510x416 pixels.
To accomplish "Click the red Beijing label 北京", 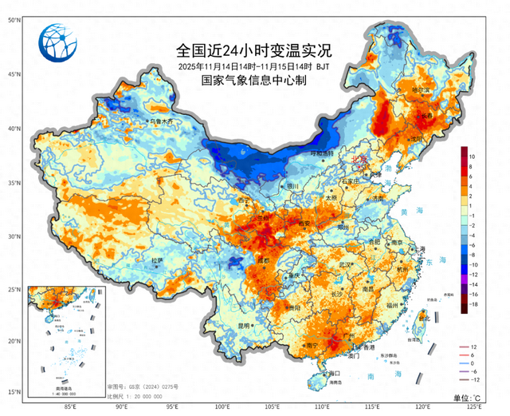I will point(360,159).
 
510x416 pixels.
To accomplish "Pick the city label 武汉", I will point(345,264).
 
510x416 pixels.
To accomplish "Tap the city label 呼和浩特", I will point(321,153).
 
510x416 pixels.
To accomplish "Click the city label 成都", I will point(262,261).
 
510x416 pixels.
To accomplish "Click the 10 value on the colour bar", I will point(472,157).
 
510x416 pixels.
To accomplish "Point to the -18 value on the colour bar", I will point(473,304).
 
